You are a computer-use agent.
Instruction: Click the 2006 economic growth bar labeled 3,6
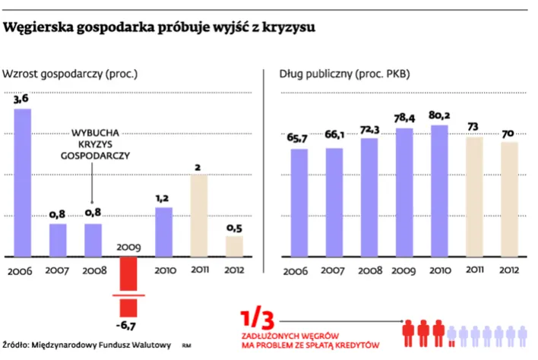(x=23, y=182)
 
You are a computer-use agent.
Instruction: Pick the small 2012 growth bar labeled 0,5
(x=234, y=246)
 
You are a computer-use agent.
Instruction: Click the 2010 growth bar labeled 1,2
(x=163, y=232)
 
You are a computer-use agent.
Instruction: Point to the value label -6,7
(x=128, y=326)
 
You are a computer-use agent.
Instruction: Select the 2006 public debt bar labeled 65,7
(x=299, y=202)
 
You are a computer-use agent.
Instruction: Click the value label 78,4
(x=404, y=118)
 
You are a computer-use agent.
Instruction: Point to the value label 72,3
(x=369, y=129)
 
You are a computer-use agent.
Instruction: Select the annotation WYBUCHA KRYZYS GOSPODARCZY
(x=94, y=142)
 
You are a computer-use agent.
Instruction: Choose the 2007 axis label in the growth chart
(x=58, y=270)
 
